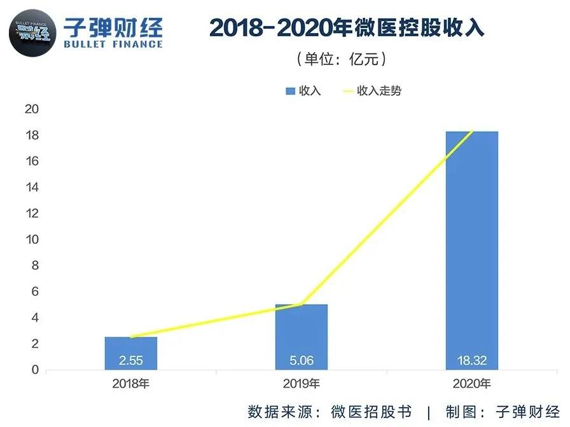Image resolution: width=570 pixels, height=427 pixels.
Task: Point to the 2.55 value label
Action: point(130,361)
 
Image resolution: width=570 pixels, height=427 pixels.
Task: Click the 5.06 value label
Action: point(301,361)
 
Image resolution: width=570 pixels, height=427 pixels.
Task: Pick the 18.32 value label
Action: point(471,361)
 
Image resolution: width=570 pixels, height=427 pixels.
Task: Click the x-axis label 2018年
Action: point(130,384)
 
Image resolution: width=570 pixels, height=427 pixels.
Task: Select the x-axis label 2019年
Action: point(301,384)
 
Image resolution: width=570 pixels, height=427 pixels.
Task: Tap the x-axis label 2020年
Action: point(471,384)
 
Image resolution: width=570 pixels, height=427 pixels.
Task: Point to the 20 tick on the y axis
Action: point(32,109)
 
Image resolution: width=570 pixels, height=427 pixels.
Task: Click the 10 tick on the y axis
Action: point(32,240)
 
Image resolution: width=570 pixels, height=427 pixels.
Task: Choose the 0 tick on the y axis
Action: point(35,370)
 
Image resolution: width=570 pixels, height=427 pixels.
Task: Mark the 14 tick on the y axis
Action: point(32,188)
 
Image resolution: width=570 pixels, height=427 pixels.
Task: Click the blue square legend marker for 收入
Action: point(290,91)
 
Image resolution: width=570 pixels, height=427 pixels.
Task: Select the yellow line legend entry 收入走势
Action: point(372,91)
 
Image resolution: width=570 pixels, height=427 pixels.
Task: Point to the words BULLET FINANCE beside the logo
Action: point(113,45)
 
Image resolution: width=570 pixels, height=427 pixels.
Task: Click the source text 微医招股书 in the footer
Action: point(371,411)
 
